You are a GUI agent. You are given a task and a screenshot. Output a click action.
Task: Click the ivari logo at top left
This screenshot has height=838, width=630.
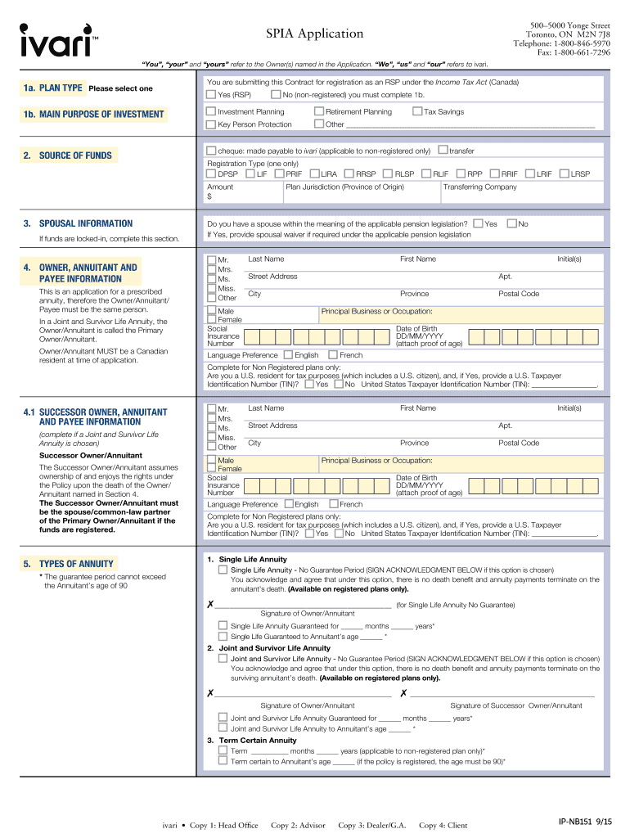(55, 40)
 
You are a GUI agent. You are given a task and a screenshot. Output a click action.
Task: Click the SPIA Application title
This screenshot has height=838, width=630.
(314, 34)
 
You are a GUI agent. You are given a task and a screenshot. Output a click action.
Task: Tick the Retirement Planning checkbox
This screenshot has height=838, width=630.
(319, 111)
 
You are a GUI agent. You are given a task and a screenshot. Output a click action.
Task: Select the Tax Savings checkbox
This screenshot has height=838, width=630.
(417, 111)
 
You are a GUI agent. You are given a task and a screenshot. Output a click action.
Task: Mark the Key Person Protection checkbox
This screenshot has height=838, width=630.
(212, 124)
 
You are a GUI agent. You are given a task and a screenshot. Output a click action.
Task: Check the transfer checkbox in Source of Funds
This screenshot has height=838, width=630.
(443, 151)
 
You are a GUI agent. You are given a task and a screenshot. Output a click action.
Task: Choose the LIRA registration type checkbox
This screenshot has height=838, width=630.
(314, 173)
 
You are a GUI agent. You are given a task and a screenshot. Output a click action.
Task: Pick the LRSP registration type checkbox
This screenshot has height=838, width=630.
(564, 173)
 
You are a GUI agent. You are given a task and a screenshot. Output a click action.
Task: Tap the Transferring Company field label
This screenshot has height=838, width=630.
(479, 187)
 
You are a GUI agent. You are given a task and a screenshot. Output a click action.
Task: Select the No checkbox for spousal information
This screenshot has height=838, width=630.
(511, 223)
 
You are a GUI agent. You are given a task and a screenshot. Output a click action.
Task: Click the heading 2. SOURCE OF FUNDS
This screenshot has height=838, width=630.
(75, 155)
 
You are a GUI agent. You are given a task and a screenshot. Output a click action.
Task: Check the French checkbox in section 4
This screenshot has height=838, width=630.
(333, 355)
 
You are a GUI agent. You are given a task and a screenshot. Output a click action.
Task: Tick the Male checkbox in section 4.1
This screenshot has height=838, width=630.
(212, 461)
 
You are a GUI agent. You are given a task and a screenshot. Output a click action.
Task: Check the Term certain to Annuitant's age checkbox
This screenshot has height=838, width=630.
(223, 761)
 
